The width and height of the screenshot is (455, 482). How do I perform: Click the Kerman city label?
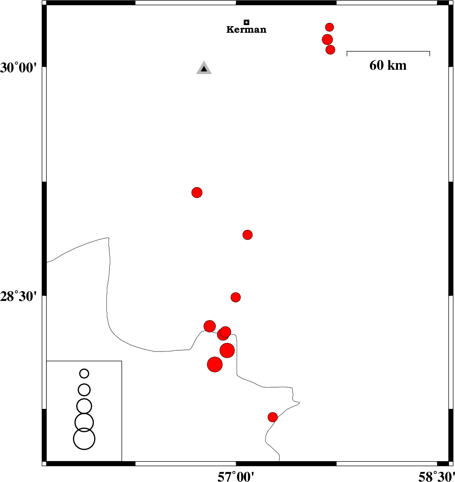(246, 29)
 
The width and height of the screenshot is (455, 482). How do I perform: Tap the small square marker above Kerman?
(246, 22)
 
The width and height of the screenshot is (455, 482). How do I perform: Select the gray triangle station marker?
(204, 68)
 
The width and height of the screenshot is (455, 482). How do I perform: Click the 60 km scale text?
(388, 65)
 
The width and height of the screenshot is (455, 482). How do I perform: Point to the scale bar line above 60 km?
(388, 51)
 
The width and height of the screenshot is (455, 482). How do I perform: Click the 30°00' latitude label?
(19, 68)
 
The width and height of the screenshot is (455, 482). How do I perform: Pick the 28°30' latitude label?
(19, 297)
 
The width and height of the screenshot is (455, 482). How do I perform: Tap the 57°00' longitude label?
(236, 476)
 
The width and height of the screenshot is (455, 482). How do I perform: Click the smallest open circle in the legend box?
(84, 374)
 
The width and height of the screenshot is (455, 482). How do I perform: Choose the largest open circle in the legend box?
(84, 439)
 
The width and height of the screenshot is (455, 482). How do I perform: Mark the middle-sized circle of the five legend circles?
(84, 406)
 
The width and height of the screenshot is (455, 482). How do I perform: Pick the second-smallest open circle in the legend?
(84, 390)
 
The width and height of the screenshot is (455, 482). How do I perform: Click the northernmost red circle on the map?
(329, 27)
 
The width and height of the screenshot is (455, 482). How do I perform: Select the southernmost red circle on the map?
(272, 417)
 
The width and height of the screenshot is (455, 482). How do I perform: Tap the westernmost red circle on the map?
(197, 193)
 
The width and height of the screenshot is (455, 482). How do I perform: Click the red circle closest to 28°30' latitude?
(235, 297)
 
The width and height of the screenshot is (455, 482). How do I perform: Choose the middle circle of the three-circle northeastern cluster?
(327, 40)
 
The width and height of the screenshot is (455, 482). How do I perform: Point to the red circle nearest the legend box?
(215, 365)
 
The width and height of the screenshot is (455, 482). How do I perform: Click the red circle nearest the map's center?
(248, 235)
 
